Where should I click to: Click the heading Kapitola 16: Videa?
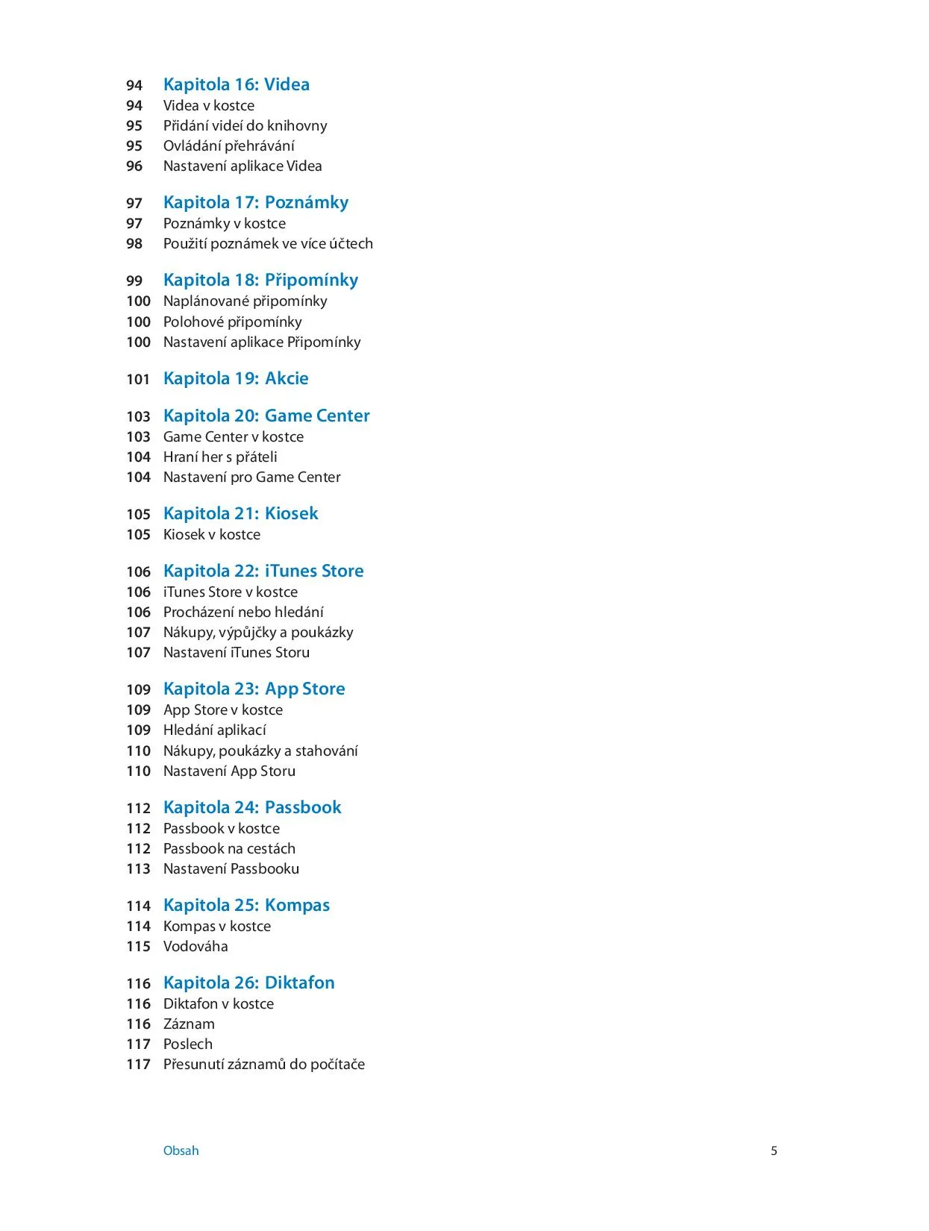pyautogui.click(x=236, y=84)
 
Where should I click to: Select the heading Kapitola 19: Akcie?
pyautogui.click(x=236, y=378)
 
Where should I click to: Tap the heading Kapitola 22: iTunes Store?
pyautogui.click(x=263, y=571)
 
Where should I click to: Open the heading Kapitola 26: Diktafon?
pyautogui.click(x=248, y=983)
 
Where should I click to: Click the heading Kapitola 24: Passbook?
pyautogui.click(x=252, y=807)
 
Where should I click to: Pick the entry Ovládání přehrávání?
pyautogui.click(x=228, y=145)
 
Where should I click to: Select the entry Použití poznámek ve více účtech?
pyautogui.click(x=268, y=243)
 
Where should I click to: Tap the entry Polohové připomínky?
pyautogui.click(x=232, y=322)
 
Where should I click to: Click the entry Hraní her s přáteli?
pyautogui.click(x=220, y=457)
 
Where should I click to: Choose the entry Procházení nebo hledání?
pyautogui.click(x=243, y=612)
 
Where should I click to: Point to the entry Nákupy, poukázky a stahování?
pyautogui.click(x=260, y=751)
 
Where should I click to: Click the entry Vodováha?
pyautogui.click(x=196, y=946)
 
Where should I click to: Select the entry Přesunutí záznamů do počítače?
pyautogui.click(x=264, y=1064)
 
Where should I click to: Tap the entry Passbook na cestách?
pyautogui.click(x=229, y=848)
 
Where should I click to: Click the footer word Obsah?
pyautogui.click(x=181, y=1150)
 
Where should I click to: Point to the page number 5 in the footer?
pyautogui.click(x=774, y=1150)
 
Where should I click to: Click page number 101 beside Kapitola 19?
pyautogui.click(x=138, y=379)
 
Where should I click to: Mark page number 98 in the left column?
pyautogui.click(x=134, y=243)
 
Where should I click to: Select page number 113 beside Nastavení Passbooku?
pyautogui.click(x=138, y=868)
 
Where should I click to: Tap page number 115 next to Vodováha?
pyautogui.click(x=138, y=946)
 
